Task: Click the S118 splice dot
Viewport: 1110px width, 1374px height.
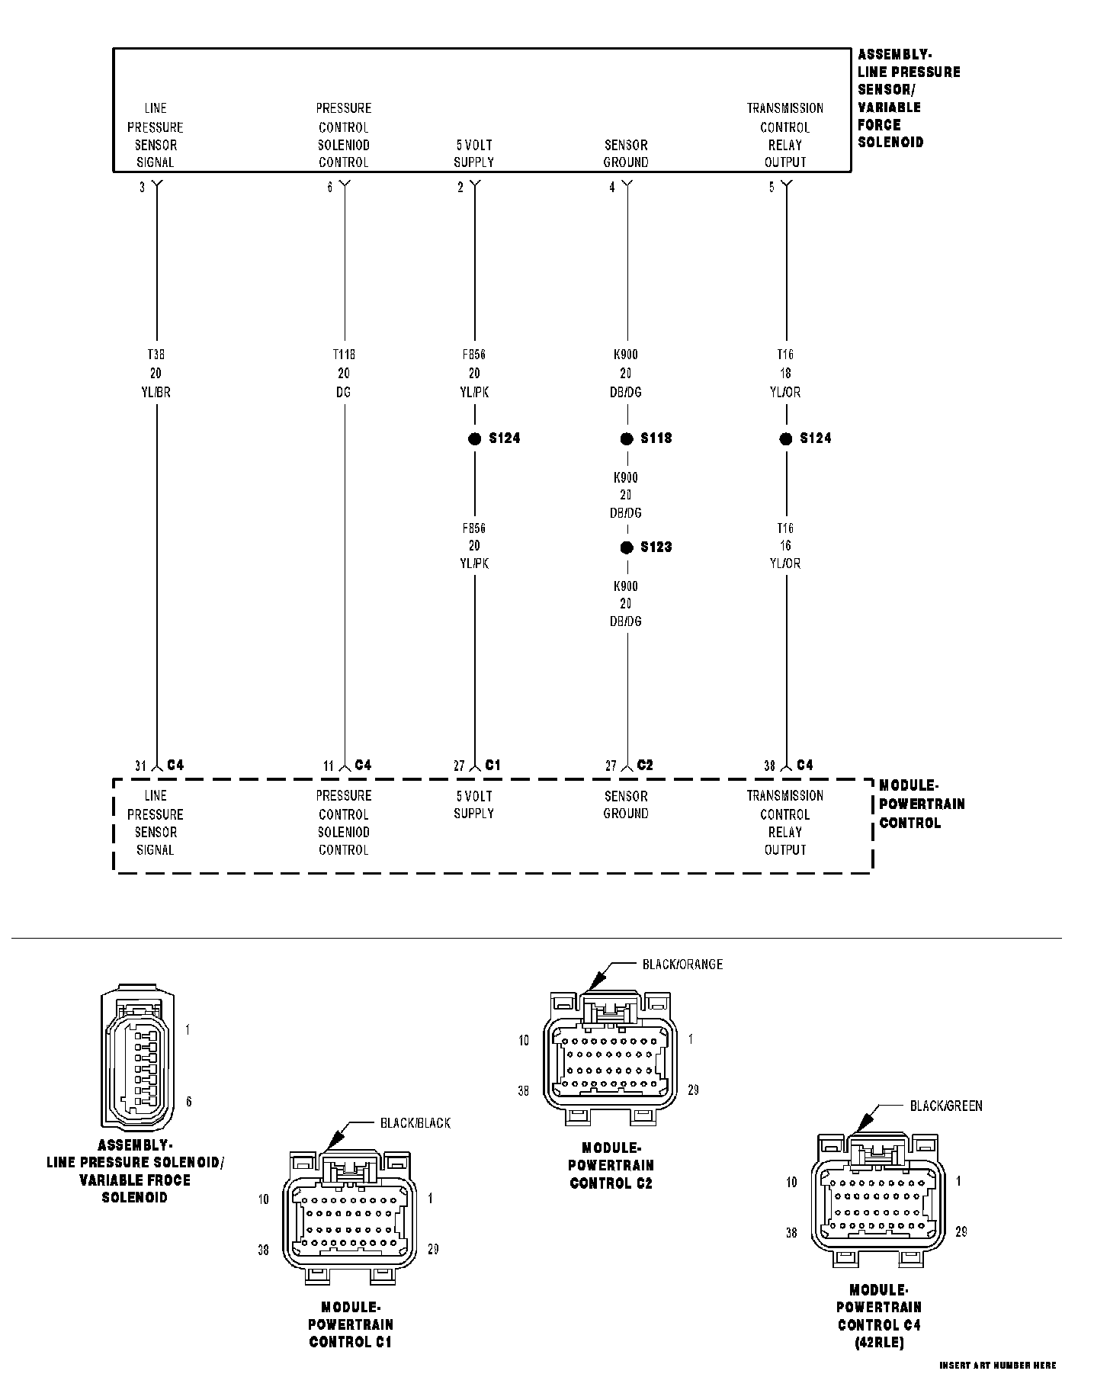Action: pyautogui.click(x=627, y=438)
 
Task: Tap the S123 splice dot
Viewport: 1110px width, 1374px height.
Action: pyautogui.click(x=627, y=547)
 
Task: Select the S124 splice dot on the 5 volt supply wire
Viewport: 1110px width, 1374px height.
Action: pyautogui.click(x=474, y=438)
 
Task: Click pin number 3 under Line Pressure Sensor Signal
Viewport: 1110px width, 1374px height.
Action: pyautogui.click(x=142, y=188)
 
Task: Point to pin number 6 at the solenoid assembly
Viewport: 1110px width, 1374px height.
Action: pyautogui.click(x=330, y=188)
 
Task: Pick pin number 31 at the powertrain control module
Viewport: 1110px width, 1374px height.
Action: pyautogui.click(x=140, y=766)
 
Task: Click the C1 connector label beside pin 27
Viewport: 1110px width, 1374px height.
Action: pyautogui.click(x=493, y=765)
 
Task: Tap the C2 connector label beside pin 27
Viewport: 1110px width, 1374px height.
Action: pyautogui.click(x=645, y=765)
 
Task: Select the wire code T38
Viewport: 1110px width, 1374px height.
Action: pyautogui.click(x=156, y=355)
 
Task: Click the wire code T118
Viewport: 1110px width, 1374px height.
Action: pyautogui.click(x=344, y=355)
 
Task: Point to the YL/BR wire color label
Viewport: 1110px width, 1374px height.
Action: pyautogui.click(x=156, y=392)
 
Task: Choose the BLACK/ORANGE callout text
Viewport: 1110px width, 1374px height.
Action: pyautogui.click(x=682, y=965)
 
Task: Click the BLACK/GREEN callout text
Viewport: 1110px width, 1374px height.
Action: pyautogui.click(x=946, y=1106)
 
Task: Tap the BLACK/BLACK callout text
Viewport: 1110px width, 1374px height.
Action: pyautogui.click(x=415, y=1123)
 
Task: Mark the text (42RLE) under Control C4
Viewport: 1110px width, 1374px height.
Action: pyautogui.click(x=879, y=1342)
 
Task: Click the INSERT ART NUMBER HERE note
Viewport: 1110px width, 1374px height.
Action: pyautogui.click(x=998, y=1365)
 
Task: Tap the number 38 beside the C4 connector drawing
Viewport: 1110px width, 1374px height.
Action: pyautogui.click(x=791, y=1232)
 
